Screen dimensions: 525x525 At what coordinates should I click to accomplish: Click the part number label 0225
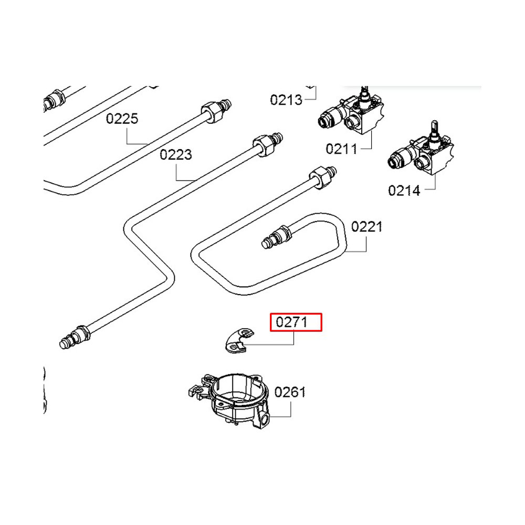click(x=122, y=119)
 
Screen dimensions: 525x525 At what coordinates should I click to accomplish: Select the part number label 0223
click(x=176, y=155)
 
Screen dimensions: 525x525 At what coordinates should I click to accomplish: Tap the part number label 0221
click(x=367, y=227)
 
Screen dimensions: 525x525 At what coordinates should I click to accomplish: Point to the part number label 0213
click(x=286, y=100)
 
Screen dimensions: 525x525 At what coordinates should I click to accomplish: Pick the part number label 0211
click(x=341, y=149)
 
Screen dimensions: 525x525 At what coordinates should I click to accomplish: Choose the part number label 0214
click(x=404, y=190)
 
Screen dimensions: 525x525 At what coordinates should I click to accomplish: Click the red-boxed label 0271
click(x=296, y=322)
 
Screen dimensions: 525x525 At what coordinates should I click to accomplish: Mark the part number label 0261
click(x=290, y=392)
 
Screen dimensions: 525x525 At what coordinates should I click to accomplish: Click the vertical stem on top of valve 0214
click(x=435, y=130)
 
